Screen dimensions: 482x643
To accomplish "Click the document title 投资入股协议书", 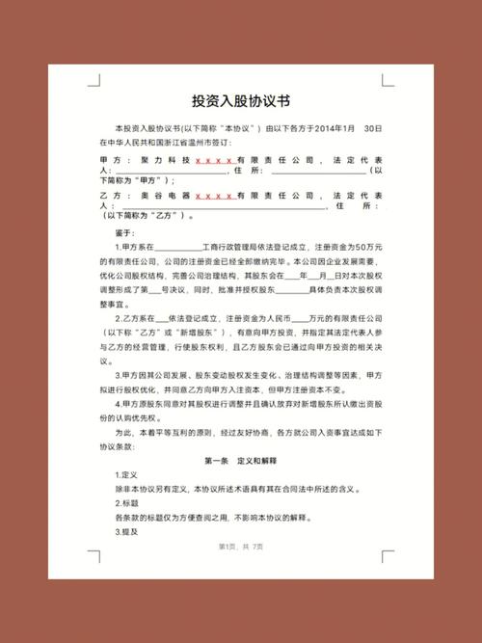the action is [x=240, y=100].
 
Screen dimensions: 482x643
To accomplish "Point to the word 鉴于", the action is [x=121, y=233].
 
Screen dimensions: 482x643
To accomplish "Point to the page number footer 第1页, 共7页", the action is [x=240, y=548].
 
